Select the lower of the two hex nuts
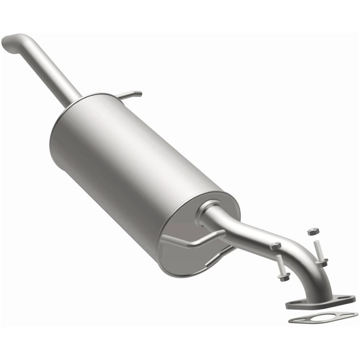coord(275,246)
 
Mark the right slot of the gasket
coord(346,314)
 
